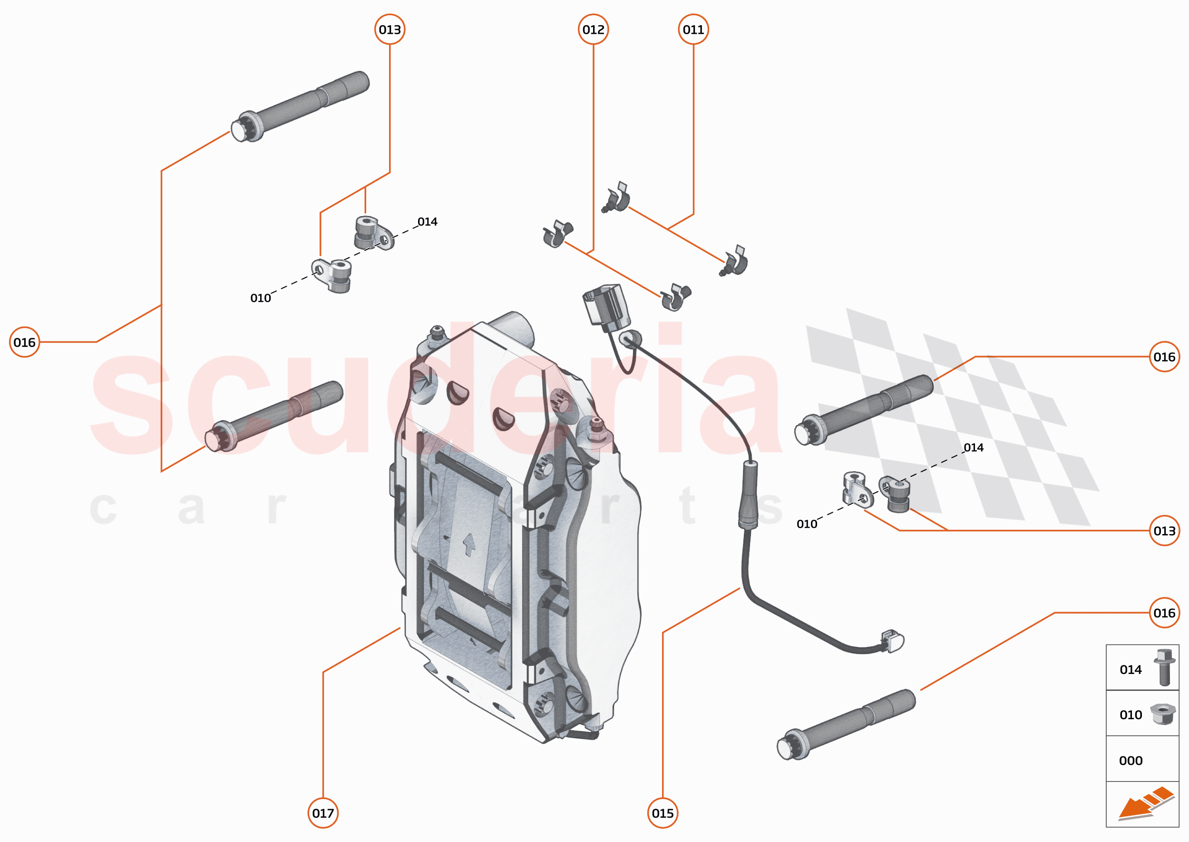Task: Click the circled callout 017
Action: click(323, 813)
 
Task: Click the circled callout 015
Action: click(663, 813)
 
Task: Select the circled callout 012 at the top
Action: click(593, 30)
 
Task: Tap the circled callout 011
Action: click(693, 30)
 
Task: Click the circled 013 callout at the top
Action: click(390, 30)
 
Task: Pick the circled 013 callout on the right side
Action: click(1164, 531)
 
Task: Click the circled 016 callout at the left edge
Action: click(24, 342)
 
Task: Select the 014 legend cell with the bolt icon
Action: click(1142, 669)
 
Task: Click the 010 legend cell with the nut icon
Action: click(1142, 714)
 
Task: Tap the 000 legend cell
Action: click(1142, 760)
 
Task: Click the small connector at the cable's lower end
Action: click(892, 641)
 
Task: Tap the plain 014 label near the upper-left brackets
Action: click(428, 222)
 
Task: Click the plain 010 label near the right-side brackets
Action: click(807, 524)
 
